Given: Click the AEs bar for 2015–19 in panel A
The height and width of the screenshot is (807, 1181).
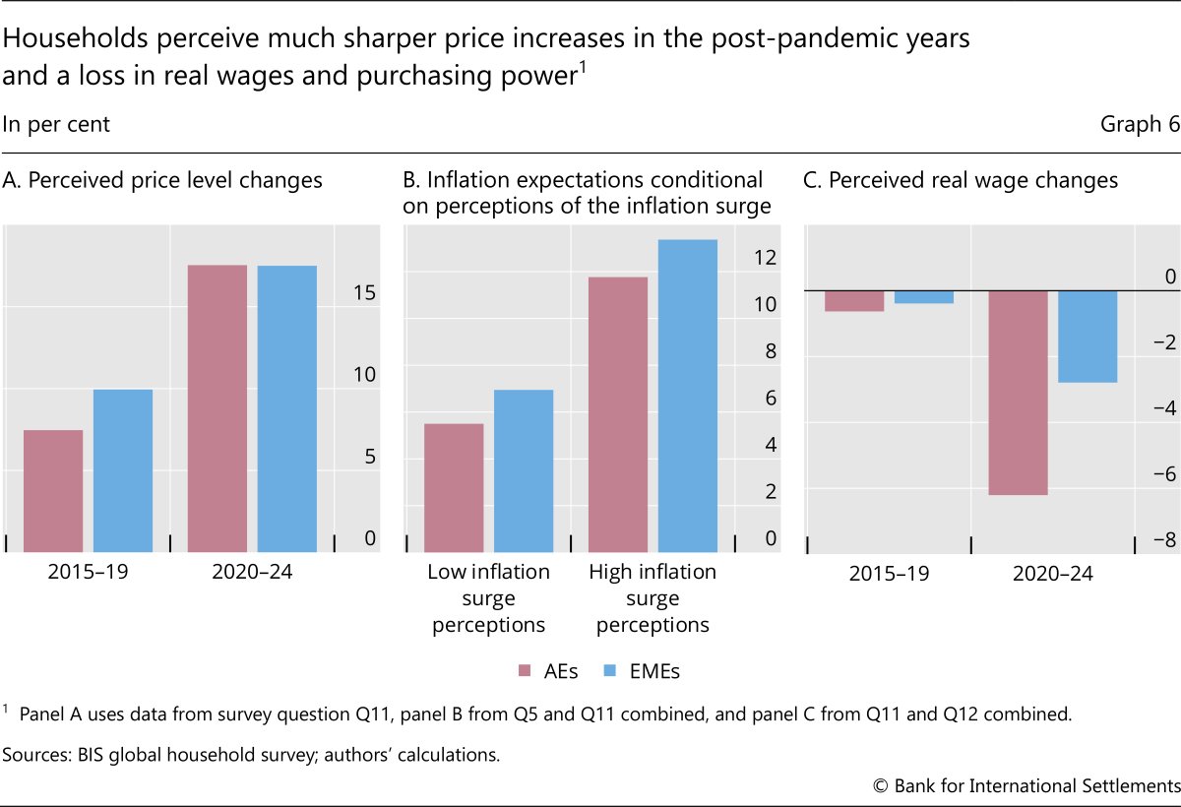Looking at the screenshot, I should (x=53, y=490).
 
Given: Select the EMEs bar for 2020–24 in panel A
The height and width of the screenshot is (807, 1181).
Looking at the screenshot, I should (x=287, y=408).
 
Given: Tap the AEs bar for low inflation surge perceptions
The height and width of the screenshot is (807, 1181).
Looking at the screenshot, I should (x=454, y=487).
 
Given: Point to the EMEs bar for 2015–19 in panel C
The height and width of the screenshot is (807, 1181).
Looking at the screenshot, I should (x=923, y=297).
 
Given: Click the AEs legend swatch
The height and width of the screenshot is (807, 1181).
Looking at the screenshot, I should (x=525, y=672).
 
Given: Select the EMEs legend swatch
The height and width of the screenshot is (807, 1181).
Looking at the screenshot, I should (x=609, y=672).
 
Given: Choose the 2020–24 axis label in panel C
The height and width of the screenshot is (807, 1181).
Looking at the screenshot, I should (x=1052, y=572).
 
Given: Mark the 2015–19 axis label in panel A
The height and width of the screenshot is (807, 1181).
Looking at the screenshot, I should (x=88, y=572).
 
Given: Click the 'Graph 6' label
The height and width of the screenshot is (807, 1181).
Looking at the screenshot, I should (x=1140, y=125).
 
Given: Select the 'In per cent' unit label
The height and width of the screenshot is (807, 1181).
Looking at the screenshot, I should (x=56, y=125).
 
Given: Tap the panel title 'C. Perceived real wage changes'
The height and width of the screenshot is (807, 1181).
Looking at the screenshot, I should (x=961, y=181).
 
